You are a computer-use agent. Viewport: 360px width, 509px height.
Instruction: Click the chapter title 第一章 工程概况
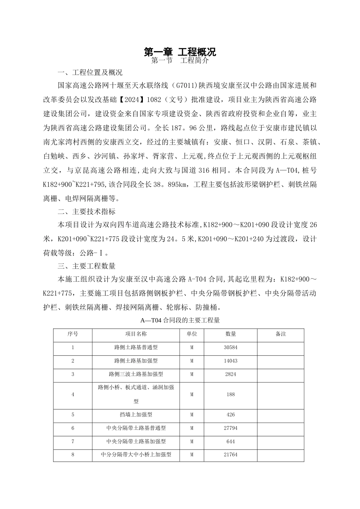[180, 52]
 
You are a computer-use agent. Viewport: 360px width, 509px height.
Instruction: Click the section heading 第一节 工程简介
[180, 61]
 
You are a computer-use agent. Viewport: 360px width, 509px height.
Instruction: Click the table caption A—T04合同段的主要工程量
[180, 320]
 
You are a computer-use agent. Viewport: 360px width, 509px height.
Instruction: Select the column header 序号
[73, 334]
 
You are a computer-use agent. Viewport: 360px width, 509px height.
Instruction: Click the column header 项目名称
[136, 334]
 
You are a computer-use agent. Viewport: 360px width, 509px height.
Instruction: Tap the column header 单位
[192, 334]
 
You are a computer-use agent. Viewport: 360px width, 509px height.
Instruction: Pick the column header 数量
[230, 334]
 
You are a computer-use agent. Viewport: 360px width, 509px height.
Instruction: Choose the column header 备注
[280, 334]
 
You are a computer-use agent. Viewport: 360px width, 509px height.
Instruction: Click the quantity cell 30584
[230, 347]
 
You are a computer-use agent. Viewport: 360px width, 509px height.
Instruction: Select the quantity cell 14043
[230, 361]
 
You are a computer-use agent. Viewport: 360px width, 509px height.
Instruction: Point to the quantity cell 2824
[230, 374]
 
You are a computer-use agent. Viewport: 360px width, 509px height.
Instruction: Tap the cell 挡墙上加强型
[136, 415]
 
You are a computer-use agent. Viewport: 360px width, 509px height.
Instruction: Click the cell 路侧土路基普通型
[136, 347]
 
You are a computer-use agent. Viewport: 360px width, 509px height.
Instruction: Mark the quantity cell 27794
[230, 428]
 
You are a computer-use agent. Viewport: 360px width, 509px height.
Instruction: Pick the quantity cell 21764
[230, 454]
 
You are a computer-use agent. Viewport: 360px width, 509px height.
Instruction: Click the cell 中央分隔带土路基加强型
[136, 442]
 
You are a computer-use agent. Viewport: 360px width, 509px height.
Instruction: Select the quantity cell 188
[230, 395]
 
